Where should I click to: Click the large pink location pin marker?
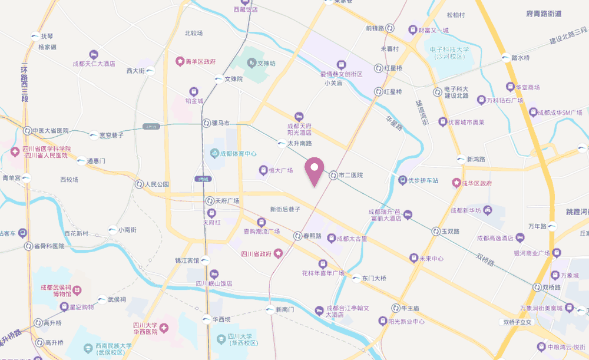(315, 170)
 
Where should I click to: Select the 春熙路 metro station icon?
(297, 236)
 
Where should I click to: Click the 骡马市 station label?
(221, 123)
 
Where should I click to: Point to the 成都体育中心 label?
(237, 154)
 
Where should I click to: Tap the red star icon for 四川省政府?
(278, 254)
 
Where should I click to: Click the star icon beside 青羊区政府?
(180, 61)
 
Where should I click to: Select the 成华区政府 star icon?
(455, 183)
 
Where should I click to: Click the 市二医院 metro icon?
(333, 175)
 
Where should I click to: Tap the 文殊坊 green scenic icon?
(252, 62)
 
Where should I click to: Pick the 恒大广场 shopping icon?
(263, 171)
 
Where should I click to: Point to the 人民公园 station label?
(157, 184)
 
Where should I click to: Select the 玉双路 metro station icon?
(436, 232)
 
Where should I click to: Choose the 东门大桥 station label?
(373, 278)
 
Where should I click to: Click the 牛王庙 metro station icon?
(396, 308)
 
